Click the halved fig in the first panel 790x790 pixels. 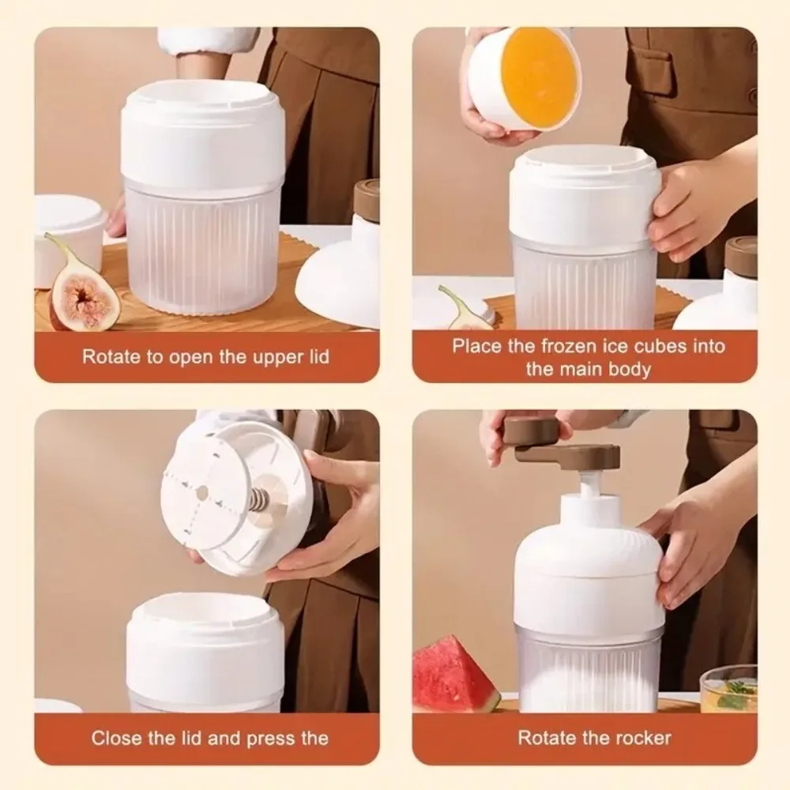(x=81, y=292)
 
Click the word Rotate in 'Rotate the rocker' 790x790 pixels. (x=544, y=738)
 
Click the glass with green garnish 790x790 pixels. (x=728, y=688)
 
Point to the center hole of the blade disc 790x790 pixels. (x=202, y=491)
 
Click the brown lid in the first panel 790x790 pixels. (x=367, y=198)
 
